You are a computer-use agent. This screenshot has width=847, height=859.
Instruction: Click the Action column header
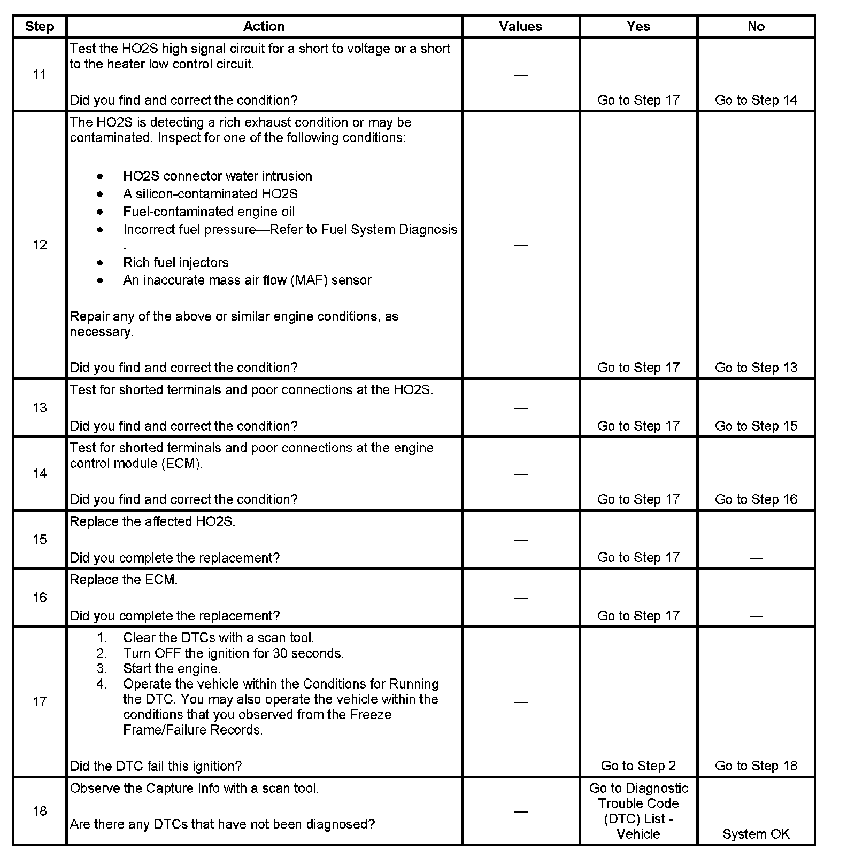(x=264, y=27)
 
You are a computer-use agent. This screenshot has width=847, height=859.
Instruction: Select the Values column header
(x=520, y=27)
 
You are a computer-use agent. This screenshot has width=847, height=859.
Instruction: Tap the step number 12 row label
(x=40, y=245)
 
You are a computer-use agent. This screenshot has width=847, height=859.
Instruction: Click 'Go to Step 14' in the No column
(x=756, y=100)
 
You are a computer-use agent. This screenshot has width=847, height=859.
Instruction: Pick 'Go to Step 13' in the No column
(x=756, y=368)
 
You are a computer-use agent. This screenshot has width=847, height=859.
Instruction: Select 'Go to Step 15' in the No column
(x=756, y=426)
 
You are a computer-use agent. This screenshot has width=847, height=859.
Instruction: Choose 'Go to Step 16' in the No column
(x=756, y=499)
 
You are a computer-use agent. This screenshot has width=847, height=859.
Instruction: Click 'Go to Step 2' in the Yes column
(x=638, y=766)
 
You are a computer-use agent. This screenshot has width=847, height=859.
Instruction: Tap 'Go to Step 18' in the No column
(x=756, y=766)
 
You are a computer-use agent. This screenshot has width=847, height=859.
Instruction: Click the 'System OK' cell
(x=756, y=834)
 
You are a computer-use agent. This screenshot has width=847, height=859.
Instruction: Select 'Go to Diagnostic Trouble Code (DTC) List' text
(x=638, y=811)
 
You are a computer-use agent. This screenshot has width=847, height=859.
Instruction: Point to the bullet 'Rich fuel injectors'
(x=175, y=263)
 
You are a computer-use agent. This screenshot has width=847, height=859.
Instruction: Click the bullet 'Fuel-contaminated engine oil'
(x=209, y=212)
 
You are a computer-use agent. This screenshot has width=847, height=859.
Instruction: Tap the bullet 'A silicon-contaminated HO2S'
(x=210, y=194)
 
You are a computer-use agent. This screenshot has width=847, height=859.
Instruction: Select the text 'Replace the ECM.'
(x=124, y=580)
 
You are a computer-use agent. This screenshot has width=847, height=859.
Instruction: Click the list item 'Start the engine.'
(x=172, y=669)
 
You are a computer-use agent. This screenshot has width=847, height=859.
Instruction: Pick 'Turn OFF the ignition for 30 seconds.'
(x=233, y=653)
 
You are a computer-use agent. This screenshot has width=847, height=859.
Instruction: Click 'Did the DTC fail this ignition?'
(x=156, y=766)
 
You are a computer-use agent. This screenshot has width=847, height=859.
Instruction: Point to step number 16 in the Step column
(x=40, y=598)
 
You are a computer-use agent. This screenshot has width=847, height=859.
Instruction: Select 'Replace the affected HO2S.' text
(x=152, y=522)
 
